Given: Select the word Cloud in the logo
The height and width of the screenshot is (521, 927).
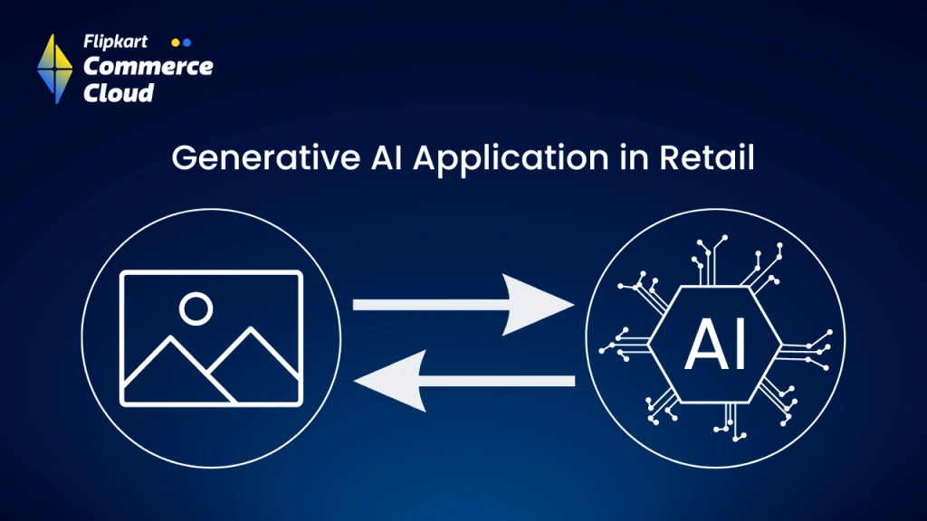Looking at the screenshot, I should pyautogui.click(x=118, y=92).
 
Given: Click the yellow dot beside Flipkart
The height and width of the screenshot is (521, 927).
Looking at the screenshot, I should pyautogui.click(x=176, y=42).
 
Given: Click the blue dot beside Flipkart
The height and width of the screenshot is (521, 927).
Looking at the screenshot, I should pyautogui.click(x=186, y=42).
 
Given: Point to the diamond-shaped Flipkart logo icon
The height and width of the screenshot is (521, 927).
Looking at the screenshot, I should pyautogui.click(x=54, y=68).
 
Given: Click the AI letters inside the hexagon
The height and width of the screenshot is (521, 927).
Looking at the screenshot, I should pyautogui.click(x=715, y=345).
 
